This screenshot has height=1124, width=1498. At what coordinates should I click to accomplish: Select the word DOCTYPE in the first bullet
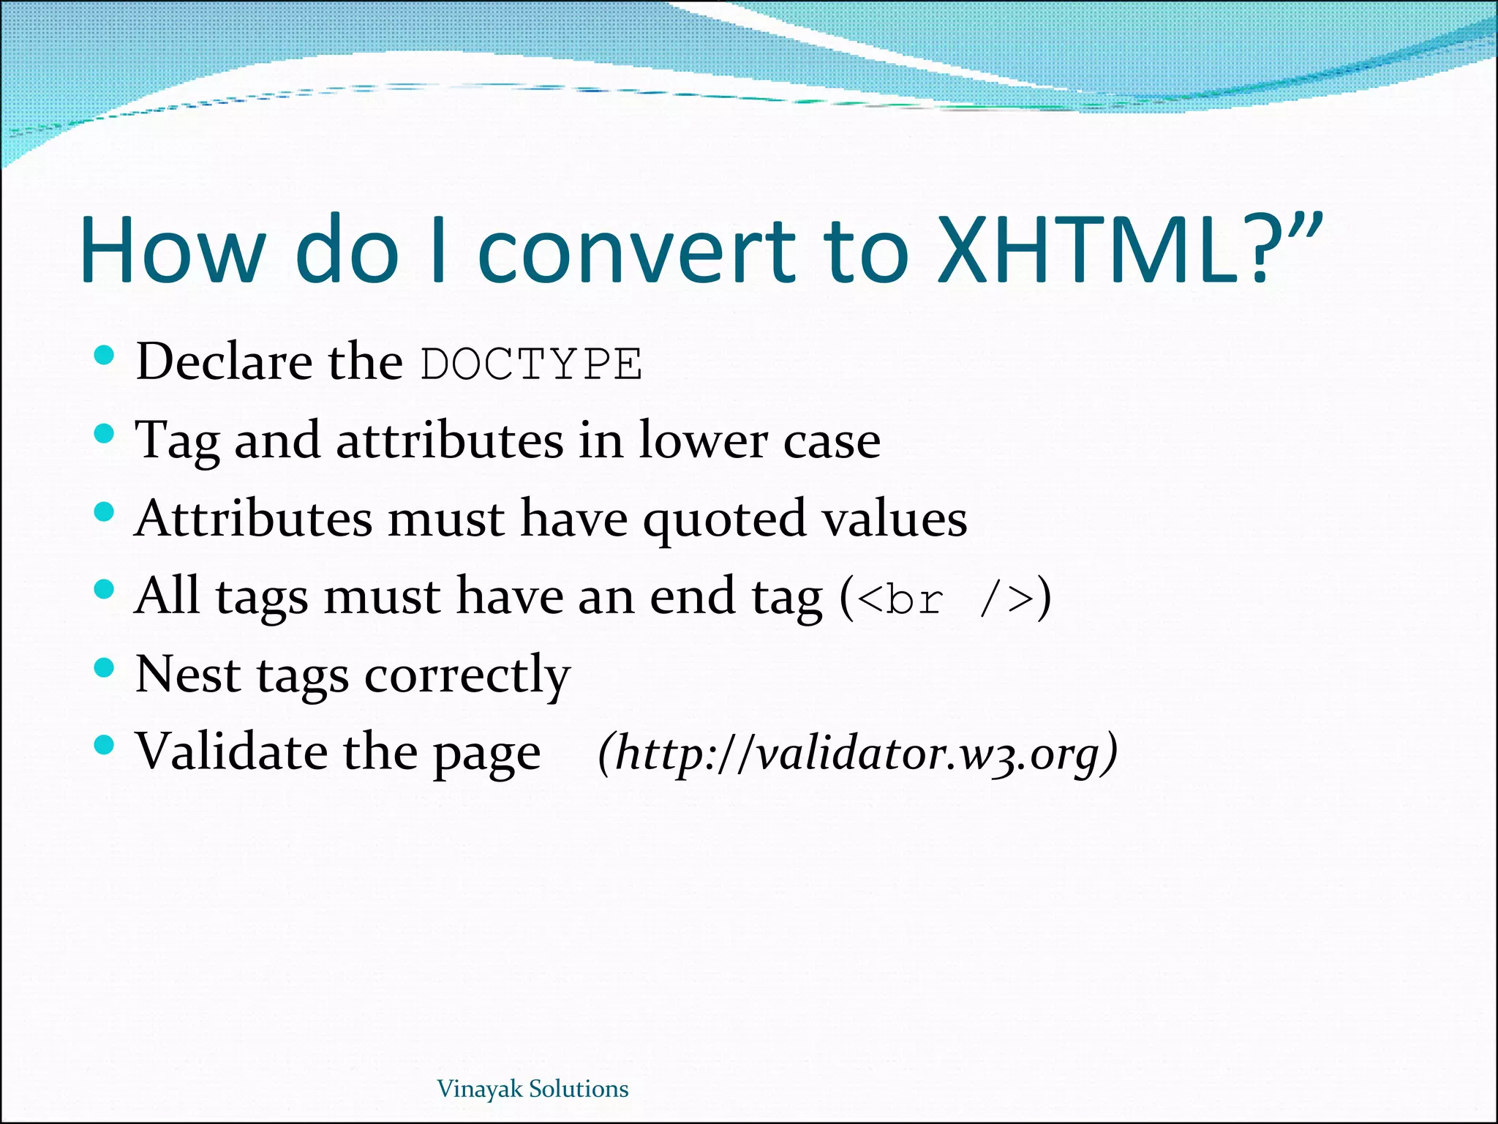pyautogui.click(x=532, y=364)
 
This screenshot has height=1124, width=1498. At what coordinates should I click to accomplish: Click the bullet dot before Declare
pyautogui.click(x=105, y=356)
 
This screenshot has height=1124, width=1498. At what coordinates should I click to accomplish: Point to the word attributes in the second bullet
pyautogui.click(x=449, y=441)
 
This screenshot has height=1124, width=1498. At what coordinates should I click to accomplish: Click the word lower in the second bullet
pyautogui.click(x=702, y=441)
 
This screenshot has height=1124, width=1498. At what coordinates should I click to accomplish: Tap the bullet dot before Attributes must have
pyautogui.click(x=105, y=512)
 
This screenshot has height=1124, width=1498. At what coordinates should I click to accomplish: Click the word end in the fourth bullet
pyautogui.click(x=691, y=596)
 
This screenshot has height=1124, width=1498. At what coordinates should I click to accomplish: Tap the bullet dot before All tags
pyautogui.click(x=105, y=589)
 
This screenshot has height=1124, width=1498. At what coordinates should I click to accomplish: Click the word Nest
pyautogui.click(x=188, y=674)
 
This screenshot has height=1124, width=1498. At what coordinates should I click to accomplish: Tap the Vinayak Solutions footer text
pyautogui.click(x=532, y=1089)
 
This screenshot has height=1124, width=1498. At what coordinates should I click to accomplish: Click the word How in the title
pyautogui.click(x=172, y=250)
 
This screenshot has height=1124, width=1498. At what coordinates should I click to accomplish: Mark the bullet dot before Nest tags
pyautogui.click(x=105, y=667)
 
